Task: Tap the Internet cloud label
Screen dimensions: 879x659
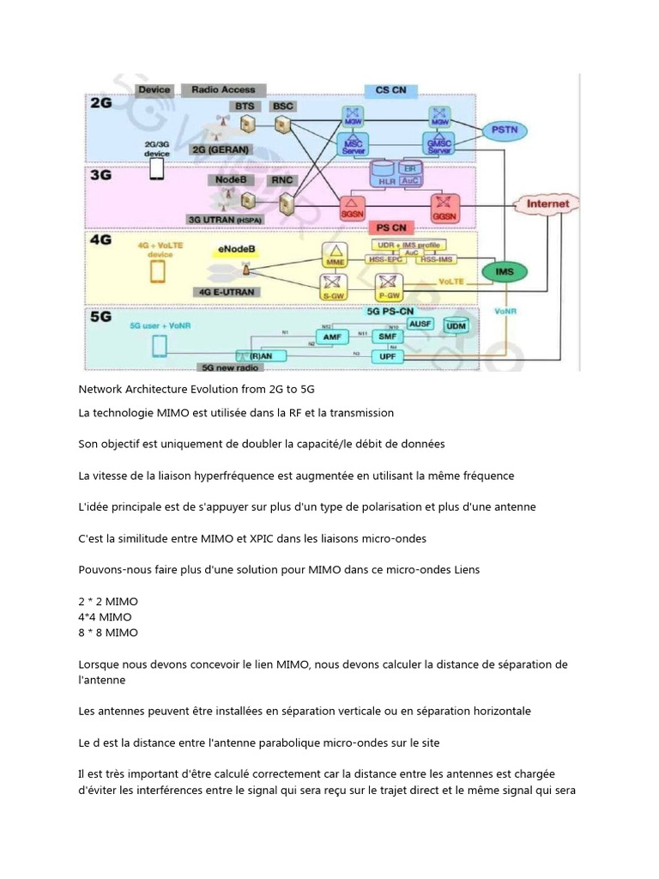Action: coord(547,204)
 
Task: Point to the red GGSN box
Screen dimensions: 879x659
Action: coord(445,208)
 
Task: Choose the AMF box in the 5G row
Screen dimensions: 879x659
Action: coord(332,338)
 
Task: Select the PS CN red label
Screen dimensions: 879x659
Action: coord(391,228)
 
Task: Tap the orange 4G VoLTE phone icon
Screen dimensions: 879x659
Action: coord(157,271)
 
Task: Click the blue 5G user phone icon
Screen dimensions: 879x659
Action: coord(159,346)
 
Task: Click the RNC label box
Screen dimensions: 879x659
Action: coord(282,180)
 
